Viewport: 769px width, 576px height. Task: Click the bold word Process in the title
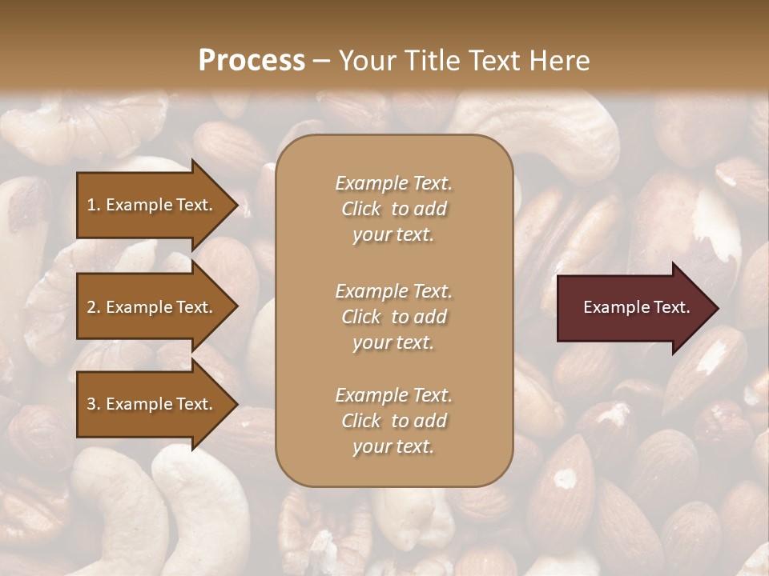point(252,61)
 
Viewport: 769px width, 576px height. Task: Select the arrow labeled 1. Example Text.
point(152,205)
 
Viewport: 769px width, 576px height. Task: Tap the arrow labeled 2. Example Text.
point(152,307)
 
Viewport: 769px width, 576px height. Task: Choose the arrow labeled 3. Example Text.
point(152,404)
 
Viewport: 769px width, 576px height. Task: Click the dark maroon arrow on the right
point(633,307)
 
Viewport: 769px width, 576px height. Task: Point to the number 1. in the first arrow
point(94,205)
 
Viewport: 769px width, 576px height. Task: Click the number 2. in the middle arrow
point(94,307)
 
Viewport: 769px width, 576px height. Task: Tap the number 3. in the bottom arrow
point(94,404)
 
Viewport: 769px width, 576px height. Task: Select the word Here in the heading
point(558,61)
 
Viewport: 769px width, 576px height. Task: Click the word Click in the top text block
point(361,209)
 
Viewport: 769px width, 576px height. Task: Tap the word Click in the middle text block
point(361,317)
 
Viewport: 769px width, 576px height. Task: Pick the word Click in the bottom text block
point(361,421)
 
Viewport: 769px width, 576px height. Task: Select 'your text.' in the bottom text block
point(393,446)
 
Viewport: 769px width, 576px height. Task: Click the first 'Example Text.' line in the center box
point(393,183)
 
